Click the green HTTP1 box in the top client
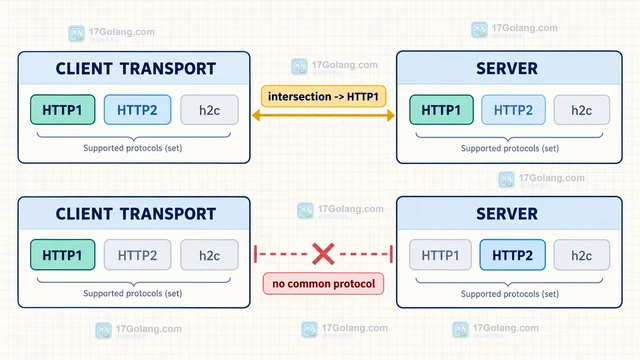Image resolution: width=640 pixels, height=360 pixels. click(62, 110)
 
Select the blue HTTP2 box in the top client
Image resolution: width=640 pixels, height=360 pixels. click(137, 110)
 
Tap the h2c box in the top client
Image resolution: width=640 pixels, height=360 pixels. click(209, 110)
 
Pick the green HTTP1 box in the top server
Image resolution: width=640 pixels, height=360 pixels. click(441, 110)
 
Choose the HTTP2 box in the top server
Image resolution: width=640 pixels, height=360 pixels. click(513, 110)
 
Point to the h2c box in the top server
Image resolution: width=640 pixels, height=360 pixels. click(582, 110)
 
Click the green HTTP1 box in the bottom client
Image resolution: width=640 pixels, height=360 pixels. click(62, 255)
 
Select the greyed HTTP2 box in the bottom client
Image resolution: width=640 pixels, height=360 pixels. click(137, 255)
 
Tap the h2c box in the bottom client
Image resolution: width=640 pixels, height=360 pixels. click(209, 255)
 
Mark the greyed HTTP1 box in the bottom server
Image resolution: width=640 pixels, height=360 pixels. click(440, 255)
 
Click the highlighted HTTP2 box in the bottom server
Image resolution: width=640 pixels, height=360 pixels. click(512, 255)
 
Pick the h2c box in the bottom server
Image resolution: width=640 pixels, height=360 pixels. click(582, 255)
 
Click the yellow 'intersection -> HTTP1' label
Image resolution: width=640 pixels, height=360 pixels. click(323, 96)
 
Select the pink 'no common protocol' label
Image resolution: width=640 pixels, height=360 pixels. click(323, 284)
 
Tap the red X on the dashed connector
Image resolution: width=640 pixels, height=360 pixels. click(323, 254)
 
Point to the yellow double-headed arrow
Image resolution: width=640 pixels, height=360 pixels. click(323, 116)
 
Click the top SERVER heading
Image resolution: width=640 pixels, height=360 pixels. click(507, 69)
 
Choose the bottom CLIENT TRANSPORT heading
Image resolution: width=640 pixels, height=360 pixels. click(136, 214)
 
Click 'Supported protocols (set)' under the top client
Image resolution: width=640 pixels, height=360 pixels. click(133, 148)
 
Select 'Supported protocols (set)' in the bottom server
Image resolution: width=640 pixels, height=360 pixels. click(510, 294)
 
